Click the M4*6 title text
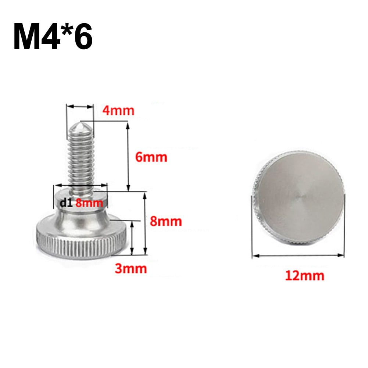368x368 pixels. click(53, 37)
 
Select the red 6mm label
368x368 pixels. click(151, 157)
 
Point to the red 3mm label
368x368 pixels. click(131, 268)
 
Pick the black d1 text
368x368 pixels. click(66, 202)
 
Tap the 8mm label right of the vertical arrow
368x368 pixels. click(166, 221)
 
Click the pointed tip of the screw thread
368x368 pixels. click(80, 127)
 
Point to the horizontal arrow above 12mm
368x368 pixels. click(298, 254)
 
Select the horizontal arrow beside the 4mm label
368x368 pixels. click(80, 107)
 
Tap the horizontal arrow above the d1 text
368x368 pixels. click(81, 186)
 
